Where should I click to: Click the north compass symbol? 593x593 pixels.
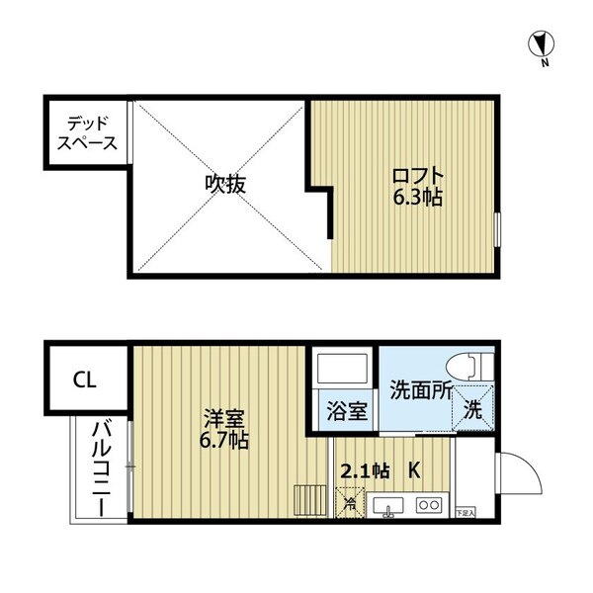pyautogui.click(x=541, y=44)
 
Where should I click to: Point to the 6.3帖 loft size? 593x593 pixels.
pyautogui.click(x=414, y=198)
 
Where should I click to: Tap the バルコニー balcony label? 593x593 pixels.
pyautogui.click(x=100, y=468)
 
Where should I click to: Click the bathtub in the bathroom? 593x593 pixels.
pyautogui.click(x=342, y=371)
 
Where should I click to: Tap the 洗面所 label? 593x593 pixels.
pyautogui.click(x=421, y=388)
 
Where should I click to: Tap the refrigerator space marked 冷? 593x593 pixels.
pyautogui.click(x=350, y=505)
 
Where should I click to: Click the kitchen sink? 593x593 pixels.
pyautogui.click(x=388, y=507)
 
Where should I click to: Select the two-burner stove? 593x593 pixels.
pyautogui.click(x=429, y=507)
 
